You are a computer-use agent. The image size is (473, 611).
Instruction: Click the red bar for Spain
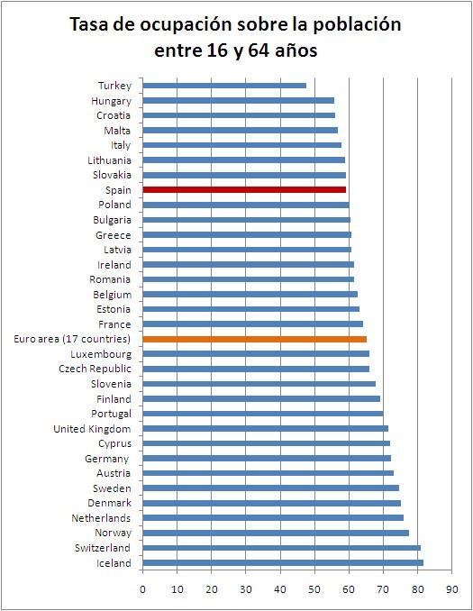[243, 190]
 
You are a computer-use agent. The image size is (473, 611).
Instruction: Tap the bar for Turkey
[224, 86]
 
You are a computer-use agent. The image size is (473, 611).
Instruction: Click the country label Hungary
[111, 101]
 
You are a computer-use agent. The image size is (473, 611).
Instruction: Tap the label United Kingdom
[92, 429]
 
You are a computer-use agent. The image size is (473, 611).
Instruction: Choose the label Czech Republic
[95, 369]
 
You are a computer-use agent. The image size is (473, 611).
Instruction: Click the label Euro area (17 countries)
[73, 339]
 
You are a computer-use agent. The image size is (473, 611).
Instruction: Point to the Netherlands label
[101, 518]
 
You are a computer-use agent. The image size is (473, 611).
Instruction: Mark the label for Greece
[114, 235]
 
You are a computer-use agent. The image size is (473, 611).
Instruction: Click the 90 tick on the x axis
[452, 589]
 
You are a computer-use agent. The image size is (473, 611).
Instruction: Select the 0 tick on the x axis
[142, 589]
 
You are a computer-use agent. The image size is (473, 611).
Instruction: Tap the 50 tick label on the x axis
[314, 589]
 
